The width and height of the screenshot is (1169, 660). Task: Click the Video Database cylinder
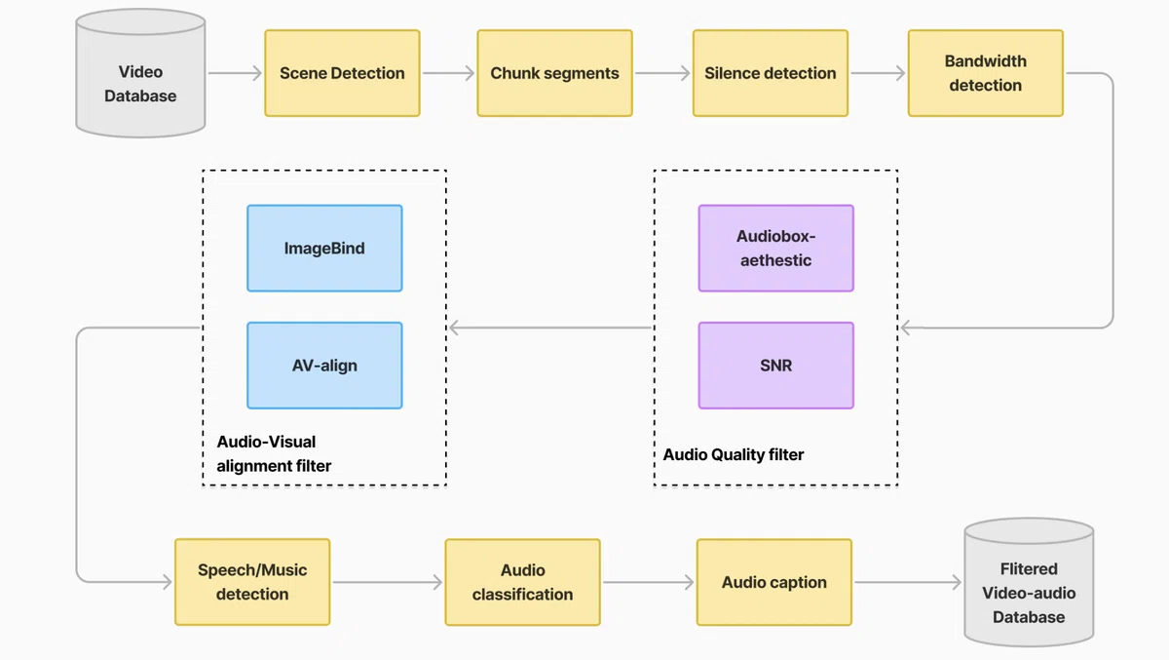[140, 73]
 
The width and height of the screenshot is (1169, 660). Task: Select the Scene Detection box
[342, 73]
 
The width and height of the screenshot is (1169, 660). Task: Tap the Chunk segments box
[554, 73]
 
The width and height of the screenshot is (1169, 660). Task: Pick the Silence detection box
[771, 73]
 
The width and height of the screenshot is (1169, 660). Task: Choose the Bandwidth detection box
[986, 73]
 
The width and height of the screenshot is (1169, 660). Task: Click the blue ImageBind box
[324, 248]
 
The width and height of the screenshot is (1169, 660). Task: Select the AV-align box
[324, 366]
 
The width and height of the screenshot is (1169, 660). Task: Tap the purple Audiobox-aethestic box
[776, 248]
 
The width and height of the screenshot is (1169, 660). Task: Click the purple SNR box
[776, 366]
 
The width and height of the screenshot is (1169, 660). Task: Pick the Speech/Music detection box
[252, 582]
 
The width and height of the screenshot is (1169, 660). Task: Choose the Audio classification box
[523, 582]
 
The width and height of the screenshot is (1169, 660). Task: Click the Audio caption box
[774, 582]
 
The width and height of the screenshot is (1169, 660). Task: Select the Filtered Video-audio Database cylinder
[1029, 583]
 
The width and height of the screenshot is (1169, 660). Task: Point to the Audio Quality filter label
[734, 455]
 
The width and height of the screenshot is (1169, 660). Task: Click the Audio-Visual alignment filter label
[274, 453]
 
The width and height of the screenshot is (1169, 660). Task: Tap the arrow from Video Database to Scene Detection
[235, 73]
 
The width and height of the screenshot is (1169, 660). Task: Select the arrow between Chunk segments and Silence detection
[662, 73]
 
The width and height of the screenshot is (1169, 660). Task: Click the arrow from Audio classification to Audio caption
[649, 582]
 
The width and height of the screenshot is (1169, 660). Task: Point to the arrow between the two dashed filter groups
[550, 328]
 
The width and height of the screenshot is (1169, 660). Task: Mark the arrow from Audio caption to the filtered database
[908, 582]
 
